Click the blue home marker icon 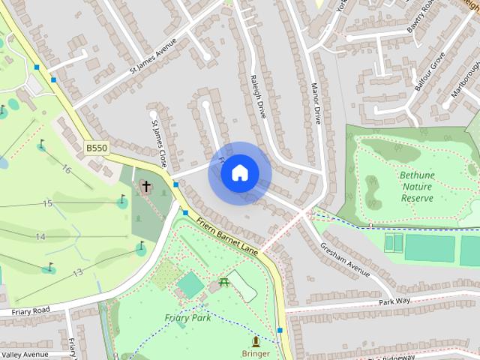(239, 173)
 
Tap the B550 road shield (96, 148)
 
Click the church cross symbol (145, 185)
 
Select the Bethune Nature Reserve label (417, 186)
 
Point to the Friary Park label (187, 317)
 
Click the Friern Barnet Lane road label (228, 235)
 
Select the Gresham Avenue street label (345, 259)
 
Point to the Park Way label (395, 301)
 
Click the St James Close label (159, 142)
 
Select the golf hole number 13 (76, 272)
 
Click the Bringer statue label (256, 353)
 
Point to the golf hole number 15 (47, 203)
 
